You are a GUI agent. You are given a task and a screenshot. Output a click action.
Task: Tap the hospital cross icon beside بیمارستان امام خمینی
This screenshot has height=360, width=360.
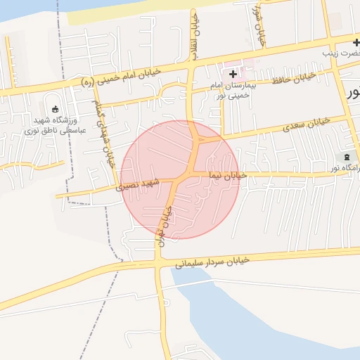tap(233, 73)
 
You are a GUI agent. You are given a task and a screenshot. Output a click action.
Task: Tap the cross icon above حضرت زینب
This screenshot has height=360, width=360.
tap(356, 42)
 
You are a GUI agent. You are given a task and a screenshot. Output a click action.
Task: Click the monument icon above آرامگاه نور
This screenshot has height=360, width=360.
tap(346, 157)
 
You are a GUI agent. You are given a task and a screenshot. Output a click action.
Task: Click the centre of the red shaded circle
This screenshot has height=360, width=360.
tap(180, 179)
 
